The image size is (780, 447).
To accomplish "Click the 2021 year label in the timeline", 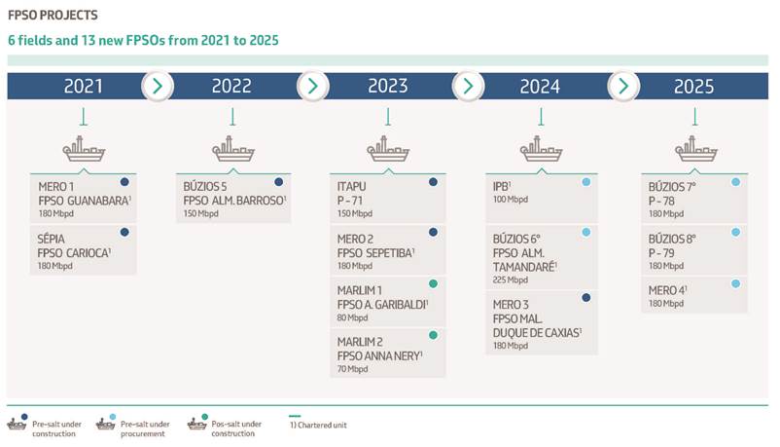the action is [x=83, y=87].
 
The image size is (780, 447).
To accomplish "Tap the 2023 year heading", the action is [x=387, y=87].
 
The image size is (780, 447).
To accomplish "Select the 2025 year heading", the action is [x=693, y=87].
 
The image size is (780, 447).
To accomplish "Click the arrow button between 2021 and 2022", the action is [x=158, y=87].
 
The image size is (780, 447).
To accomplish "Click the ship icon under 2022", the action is [x=232, y=148].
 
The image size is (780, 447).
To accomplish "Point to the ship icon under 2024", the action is [x=541, y=148].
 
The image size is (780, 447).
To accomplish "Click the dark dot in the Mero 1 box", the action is [x=124, y=182].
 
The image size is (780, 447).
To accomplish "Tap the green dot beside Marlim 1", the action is [x=433, y=283].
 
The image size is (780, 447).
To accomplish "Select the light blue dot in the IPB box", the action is [x=586, y=182].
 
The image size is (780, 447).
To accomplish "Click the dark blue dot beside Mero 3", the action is [x=586, y=297].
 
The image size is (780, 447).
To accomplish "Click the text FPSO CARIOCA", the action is [x=74, y=252].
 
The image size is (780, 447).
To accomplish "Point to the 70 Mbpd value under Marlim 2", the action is [x=352, y=369].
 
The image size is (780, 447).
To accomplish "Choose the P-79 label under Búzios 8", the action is [x=661, y=252].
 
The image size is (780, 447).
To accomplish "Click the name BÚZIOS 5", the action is [x=204, y=186].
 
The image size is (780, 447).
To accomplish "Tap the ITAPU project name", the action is [x=351, y=186].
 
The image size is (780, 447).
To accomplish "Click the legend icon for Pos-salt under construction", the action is [x=197, y=423].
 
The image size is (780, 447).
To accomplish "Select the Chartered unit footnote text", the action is [x=318, y=425].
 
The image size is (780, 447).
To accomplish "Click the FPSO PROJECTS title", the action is [x=53, y=15].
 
